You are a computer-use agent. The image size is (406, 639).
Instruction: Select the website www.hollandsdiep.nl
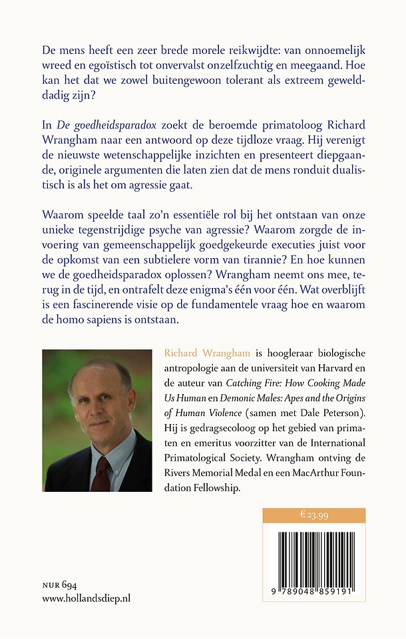[x=86, y=598]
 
